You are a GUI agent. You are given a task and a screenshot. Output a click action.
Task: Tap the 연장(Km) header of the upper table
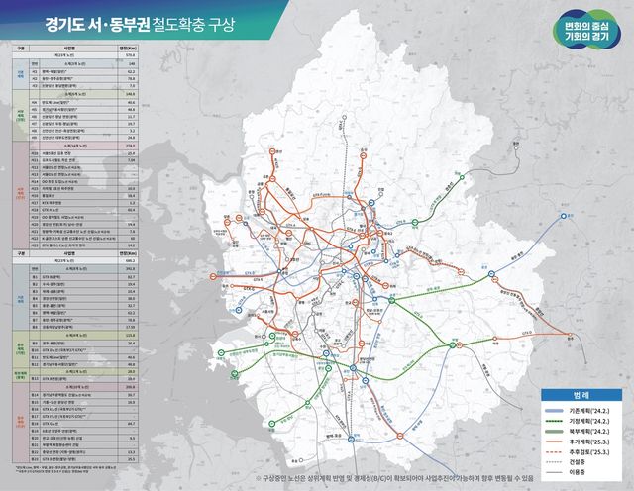(x=130, y=48)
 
